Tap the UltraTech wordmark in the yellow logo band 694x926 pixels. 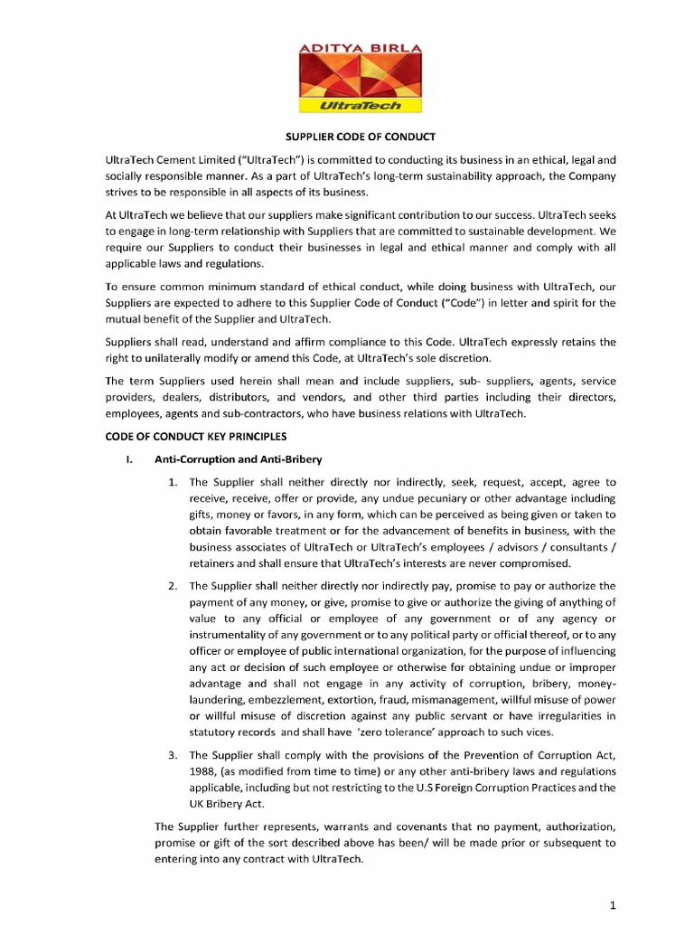click(x=347, y=106)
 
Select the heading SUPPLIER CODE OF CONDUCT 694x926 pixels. click(x=348, y=137)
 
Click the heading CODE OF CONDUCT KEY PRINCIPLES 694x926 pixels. click(x=186, y=437)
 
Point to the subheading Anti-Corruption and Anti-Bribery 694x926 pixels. click(x=233, y=459)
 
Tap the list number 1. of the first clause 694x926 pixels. click(x=173, y=482)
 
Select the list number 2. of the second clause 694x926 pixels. click(x=173, y=586)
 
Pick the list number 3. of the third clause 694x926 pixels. click(x=173, y=754)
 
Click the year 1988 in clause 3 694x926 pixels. click(x=204, y=770)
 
